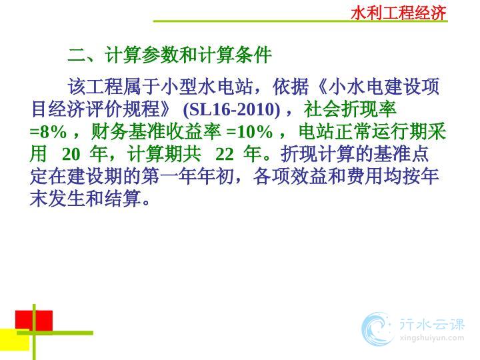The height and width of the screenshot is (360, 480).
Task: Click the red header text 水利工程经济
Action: coord(399,13)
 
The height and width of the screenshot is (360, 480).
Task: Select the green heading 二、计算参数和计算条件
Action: coord(169,55)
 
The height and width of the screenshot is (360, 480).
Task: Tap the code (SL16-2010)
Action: coord(231,109)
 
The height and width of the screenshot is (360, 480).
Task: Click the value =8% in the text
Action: coord(48,132)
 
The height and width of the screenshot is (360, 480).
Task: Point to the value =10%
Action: coord(249,132)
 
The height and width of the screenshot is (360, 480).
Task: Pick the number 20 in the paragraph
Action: coord(71,154)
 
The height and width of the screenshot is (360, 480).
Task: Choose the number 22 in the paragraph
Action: coord(225,154)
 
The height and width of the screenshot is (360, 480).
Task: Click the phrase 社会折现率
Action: coord(350,109)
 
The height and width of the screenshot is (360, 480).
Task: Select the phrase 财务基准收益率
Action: coord(156,132)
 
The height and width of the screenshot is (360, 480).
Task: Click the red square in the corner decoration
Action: coord(34,321)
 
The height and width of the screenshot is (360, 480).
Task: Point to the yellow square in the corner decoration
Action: coord(15,339)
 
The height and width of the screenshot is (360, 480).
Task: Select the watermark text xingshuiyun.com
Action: coord(432,338)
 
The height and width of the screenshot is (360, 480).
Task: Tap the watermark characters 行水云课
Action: coord(432,325)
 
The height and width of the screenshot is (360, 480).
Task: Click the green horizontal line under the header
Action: coord(300,21)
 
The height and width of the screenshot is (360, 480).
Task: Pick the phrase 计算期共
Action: coord(164,154)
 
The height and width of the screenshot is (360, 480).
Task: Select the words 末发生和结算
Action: coord(86,199)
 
